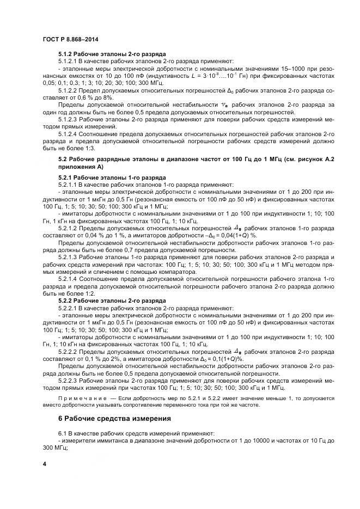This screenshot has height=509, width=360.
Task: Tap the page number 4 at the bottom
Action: point(45,463)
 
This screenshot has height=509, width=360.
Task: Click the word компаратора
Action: point(168,271)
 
